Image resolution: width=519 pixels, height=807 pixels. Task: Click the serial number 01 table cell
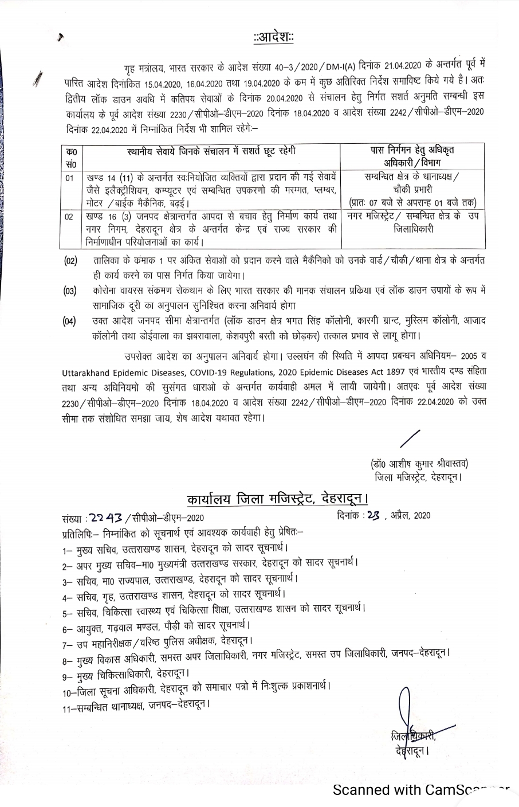pos(70,178)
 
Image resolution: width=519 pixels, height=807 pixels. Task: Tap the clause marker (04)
pos(70,320)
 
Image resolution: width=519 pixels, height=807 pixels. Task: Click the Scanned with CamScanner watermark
pos(421,790)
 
